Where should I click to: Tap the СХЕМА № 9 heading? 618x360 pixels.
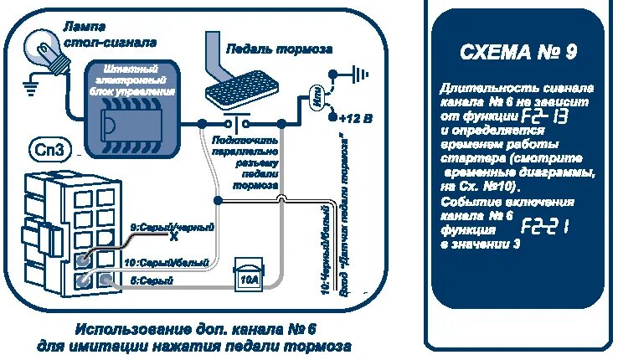[518, 53]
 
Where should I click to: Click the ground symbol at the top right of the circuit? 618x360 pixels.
[358, 74]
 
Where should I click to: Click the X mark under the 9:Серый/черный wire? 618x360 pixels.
[173, 237]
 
